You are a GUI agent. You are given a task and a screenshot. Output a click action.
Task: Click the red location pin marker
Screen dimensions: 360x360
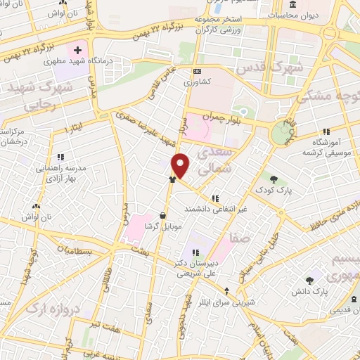coord(181,165)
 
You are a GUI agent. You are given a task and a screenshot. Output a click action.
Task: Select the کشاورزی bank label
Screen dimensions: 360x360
coord(196,82)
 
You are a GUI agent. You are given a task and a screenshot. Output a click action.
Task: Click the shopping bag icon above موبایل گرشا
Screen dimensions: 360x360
coord(163,216)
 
